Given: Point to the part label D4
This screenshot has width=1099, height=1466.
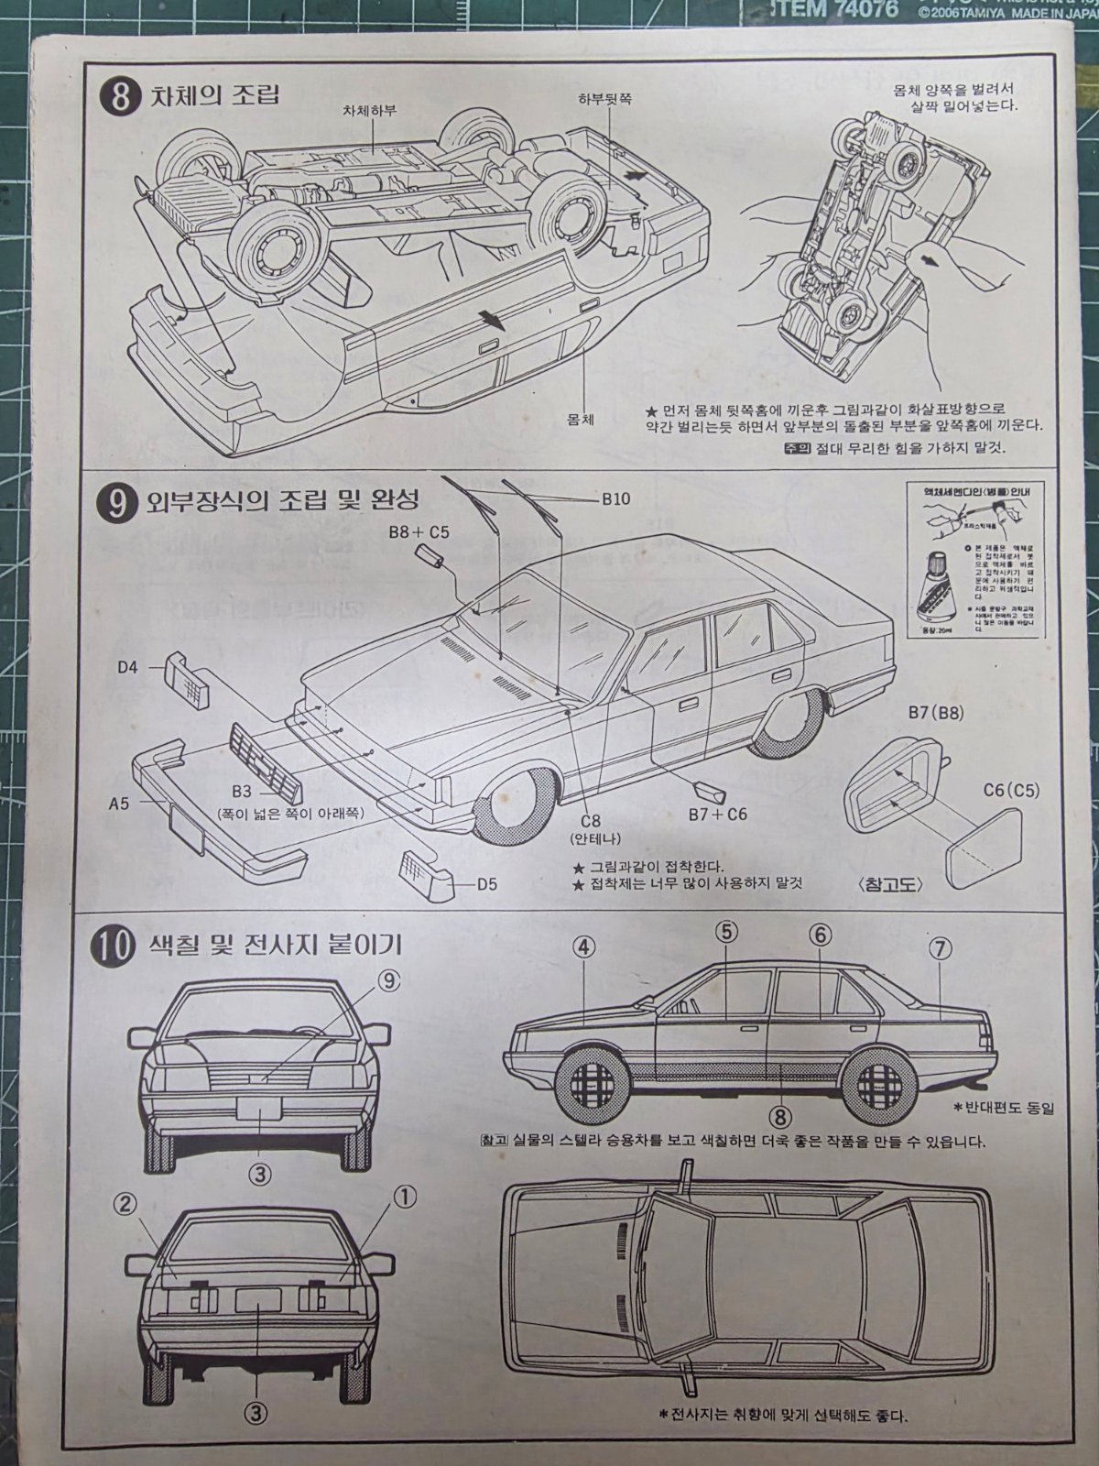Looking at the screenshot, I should pyautogui.click(x=127, y=667).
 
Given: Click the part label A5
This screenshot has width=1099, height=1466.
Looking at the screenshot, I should pyautogui.click(x=119, y=804).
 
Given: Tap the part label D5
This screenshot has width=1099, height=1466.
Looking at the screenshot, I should pyautogui.click(x=486, y=884).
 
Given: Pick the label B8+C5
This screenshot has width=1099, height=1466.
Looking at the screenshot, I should pyautogui.click(x=419, y=531).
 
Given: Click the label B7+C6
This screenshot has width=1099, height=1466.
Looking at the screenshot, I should pyautogui.click(x=718, y=813).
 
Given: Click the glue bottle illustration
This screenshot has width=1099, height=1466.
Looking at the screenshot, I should pyautogui.click(x=934, y=594).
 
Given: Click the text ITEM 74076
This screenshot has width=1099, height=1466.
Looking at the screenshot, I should pyautogui.click(x=816, y=12).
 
